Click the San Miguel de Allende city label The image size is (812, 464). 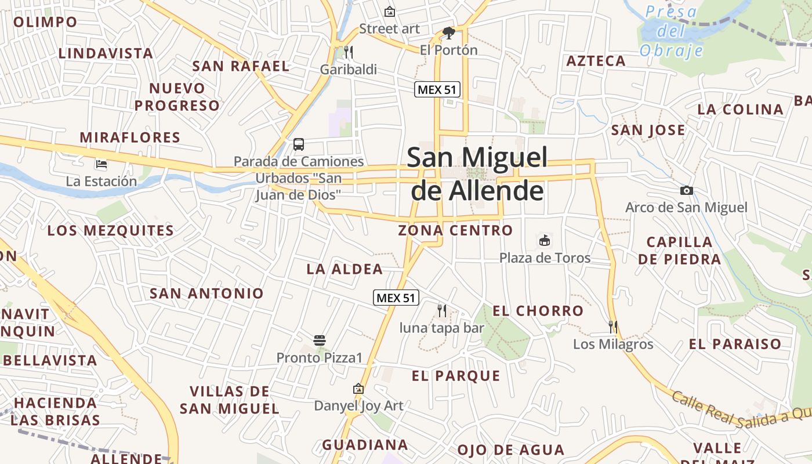pyautogui.click(x=477, y=173)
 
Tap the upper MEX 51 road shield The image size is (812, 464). pyautogui.click(x=437, y=89)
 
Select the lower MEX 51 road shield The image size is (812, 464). pyautogui.click(x=396, y=298)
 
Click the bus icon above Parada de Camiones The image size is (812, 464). pyautogui.click(x=299, y=144)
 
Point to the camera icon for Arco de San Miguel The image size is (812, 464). pyautogui.click(x=686, y=190)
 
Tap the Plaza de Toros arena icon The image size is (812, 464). pyautogui.click(x=545, y=240)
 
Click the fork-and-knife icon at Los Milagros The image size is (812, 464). pyautogui.click(x=613, y=327)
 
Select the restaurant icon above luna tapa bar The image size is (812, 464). pyautogui.click(x=442, y=311)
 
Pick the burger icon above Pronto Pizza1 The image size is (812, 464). pyautogui.click(x=319, y=340)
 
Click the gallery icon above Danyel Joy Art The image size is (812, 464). pyautogui.click(x=358, y=389)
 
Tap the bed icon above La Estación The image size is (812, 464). pyautogui.click(x=101, y=164)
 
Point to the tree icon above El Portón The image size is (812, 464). pyautogui.click(x=448, y=32)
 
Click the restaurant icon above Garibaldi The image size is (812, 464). pyautogui.click(x=349, y=52)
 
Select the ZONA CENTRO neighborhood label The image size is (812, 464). pyautogui.click(x=455, y=230)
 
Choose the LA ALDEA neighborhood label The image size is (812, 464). pyautogui.click(x=345, y=269)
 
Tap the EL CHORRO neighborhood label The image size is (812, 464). pyautogui.click(x=538, y=311)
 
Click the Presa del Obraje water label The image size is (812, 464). pyautogui.click(x=672, y=31)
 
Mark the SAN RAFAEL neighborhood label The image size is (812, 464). pyautogui.click(x=241, y=66)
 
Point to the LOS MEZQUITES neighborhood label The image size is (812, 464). pyautogui.click(x=110, y=230)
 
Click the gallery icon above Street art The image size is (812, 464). pyautogui.click(x=390, y=11)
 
